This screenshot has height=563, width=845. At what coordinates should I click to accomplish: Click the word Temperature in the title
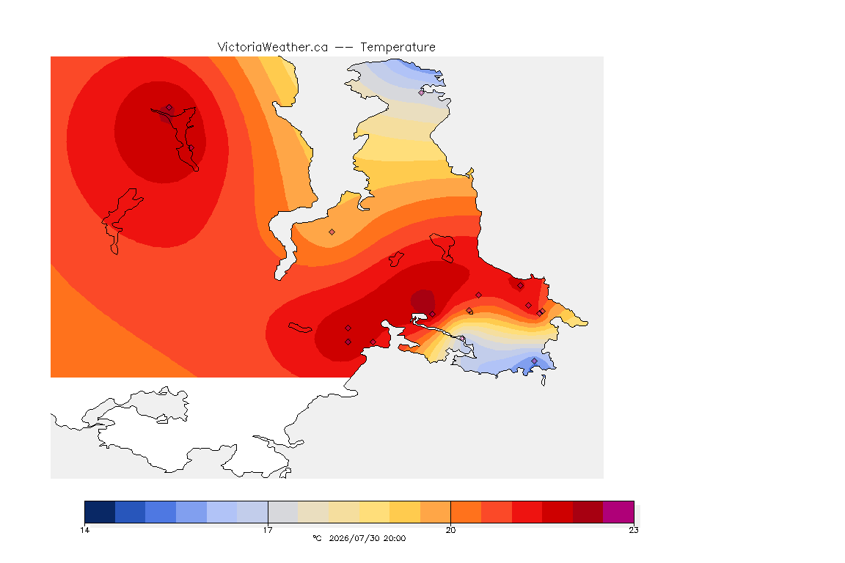(398, 48)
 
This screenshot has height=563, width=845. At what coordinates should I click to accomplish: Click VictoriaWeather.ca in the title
(273, 48)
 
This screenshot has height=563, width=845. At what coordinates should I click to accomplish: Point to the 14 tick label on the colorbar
(84, 530)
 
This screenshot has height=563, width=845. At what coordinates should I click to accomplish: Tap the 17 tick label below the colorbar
(268, 530)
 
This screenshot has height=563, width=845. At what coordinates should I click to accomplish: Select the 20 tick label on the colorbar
(450, 530)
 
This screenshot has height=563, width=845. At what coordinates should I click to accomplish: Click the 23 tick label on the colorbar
(634, 530)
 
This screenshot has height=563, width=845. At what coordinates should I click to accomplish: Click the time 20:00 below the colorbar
(395, 538)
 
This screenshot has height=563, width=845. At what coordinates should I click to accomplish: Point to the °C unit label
(317, 538)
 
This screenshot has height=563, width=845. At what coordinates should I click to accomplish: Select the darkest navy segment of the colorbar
(100, 512)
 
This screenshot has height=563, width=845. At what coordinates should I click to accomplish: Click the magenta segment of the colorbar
(618, 512)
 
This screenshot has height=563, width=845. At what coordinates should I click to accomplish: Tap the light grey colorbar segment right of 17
(283, 512)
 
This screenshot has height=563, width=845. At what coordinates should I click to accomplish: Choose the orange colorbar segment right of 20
(467, 512)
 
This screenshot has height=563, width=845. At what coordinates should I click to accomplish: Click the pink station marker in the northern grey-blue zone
(422, 92)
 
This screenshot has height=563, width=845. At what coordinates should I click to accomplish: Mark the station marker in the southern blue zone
(534, 361)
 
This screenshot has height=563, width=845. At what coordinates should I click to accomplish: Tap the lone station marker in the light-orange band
(332, 232)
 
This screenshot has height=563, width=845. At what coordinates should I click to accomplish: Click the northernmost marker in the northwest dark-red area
(169, 108)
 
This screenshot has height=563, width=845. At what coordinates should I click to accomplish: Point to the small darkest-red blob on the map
(422, 301)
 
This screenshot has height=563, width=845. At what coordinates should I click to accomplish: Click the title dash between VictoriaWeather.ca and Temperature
(344, 48)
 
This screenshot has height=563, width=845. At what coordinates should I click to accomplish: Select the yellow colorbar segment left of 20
(405, 512)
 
